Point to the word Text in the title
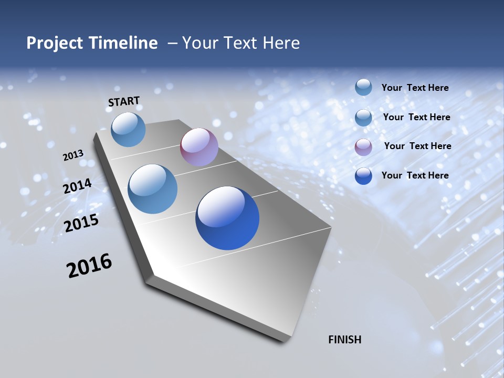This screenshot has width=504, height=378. [239, 43]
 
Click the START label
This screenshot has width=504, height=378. [124, 101]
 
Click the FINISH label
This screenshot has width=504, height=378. [345, 340]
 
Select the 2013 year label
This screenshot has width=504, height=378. [73, 155]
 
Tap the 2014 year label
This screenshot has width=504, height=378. [78, 186]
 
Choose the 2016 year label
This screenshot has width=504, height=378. [89, 266]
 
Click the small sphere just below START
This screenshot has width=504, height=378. [128, 130]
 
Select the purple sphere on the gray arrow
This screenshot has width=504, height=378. [199, 148]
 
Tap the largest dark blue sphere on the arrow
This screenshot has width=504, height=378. [227, 218]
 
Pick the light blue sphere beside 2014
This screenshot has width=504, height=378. [152, 189]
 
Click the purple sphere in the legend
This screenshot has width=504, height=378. [363, 147]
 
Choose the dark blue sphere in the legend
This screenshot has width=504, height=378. [363, 176]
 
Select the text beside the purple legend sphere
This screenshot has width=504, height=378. [417, 146]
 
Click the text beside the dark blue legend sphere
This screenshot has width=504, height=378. [415, 175]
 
